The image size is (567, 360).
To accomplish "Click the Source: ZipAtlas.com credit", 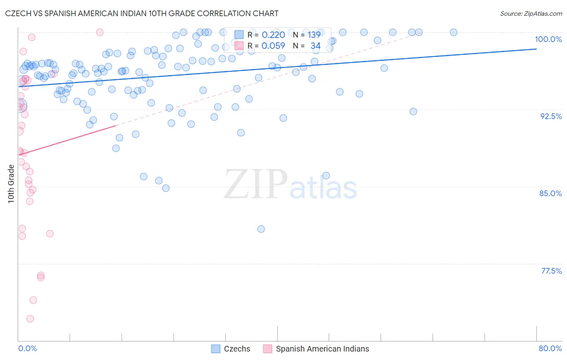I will (x=531, y=13).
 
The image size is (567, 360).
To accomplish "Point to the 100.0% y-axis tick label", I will (x=548, y=39).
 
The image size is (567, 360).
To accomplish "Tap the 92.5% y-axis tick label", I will (x=551, y=116).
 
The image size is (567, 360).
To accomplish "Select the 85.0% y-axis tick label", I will (x=550, y=193).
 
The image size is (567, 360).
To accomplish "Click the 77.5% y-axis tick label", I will (x=551, y=271).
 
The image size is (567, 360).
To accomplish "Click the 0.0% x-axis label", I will (x=27, y=348).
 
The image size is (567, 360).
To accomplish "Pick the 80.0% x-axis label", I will (x=550, y=348).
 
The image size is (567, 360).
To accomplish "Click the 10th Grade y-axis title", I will (x=11, y=184).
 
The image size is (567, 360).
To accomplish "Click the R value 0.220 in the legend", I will (x=273, y=35).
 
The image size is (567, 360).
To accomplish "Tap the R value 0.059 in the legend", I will (x=273, y=46).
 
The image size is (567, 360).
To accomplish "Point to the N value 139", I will (x=314, y=35).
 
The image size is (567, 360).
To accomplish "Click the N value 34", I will (x=315, y=46).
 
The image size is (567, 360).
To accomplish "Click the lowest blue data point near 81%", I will (x=261, y=229).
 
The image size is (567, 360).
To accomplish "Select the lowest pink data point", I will (x=30, y=319).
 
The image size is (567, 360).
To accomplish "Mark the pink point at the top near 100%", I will (x=100, y=32).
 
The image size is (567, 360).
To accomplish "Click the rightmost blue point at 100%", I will (x=454, y=32).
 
